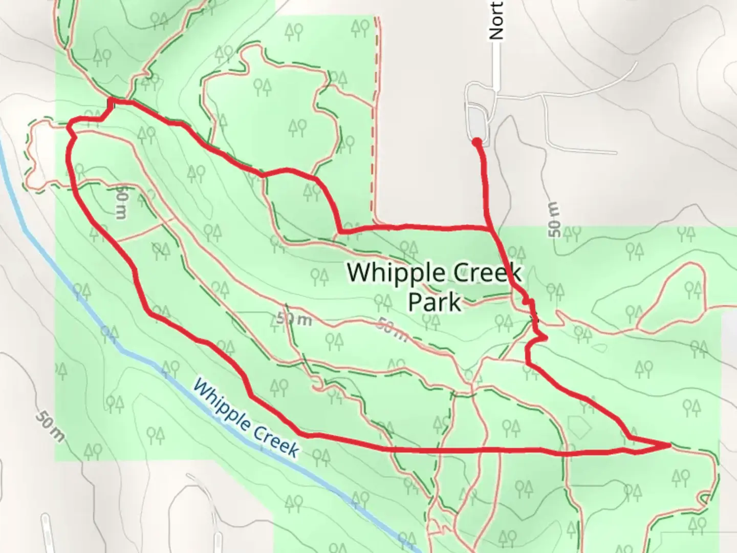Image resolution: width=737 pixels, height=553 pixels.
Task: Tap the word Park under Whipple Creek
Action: click(434, 302)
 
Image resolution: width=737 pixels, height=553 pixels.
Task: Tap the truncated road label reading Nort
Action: click(496, 20)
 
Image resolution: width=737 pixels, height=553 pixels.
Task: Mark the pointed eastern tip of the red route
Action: click(670, 445)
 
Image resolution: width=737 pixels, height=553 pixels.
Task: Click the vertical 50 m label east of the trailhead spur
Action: click(554, 220)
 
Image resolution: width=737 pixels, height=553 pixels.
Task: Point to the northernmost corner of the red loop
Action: click(110, 100)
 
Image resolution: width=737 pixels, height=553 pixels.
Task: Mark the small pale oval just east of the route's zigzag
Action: click(600, 349)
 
